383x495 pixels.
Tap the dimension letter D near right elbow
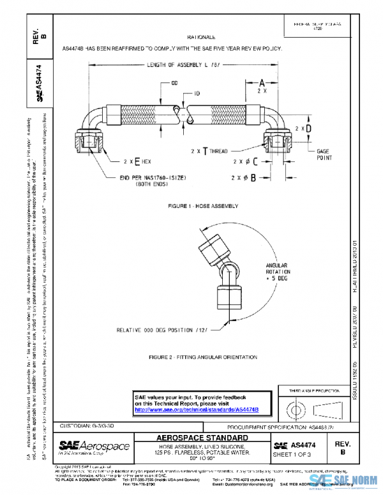coord(308,128)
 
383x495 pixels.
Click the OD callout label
coord(174,84)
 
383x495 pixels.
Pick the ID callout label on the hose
coord(197,94)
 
